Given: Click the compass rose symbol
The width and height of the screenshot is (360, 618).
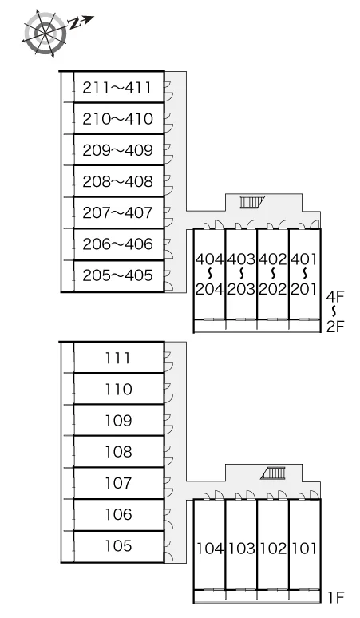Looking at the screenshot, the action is (45, 33).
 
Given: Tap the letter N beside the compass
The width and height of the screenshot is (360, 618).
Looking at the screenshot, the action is (75, 24).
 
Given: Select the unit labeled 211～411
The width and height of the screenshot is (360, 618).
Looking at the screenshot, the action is (117, 88).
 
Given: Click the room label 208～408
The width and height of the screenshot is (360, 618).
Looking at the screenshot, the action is (117, 181).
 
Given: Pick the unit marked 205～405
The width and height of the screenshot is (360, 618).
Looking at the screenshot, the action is (117, 275).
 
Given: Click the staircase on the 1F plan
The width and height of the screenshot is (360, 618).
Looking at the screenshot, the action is (272, 473).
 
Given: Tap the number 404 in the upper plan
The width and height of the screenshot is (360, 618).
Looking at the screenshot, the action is (210, 259).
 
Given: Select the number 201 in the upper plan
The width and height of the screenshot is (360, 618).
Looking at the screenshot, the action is (304, 289).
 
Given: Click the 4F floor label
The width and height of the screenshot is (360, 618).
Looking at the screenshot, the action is (335, 297).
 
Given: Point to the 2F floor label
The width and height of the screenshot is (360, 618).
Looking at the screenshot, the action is (335, 327).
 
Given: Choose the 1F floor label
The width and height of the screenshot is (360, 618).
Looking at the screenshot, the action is (336, 598).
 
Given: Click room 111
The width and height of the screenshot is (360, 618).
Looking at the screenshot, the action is (117, 358).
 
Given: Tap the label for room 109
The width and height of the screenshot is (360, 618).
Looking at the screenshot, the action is (118, 421).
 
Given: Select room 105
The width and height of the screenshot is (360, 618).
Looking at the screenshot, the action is (118, 546).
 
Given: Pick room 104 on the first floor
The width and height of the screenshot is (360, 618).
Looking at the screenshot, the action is (210, 549).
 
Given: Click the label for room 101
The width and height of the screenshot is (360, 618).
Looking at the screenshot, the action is (304, 549).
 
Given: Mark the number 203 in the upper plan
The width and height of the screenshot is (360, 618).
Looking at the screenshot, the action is (241, 289).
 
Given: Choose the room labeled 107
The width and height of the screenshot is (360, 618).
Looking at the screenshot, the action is (118, 483).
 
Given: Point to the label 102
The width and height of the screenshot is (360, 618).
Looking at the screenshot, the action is (273, 549).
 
